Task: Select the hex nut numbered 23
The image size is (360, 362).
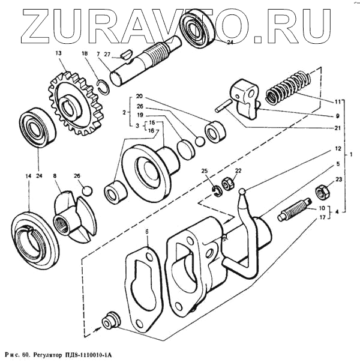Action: click(x=321, y=192)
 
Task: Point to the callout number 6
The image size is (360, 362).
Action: click(x=146, y=231)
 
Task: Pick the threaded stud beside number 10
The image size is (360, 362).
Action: click(x=294, y=211)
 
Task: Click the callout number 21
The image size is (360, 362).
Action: click(x=337, y=127)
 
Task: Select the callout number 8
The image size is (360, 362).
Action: click(x=55, y=176)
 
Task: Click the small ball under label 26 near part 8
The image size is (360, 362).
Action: click(x=88, y=191)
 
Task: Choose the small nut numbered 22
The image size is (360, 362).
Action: click(x=229, y=184)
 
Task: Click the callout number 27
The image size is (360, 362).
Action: click(x=107, y=54)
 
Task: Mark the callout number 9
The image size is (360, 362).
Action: click(x=337, y=115)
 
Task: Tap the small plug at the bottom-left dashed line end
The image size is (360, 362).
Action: click(x=109, y=320)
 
